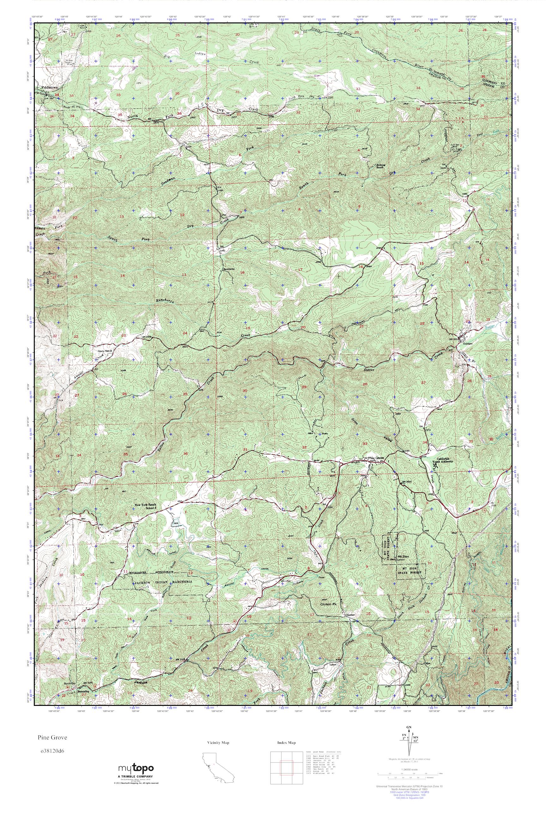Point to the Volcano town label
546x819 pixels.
[x=467, y=343]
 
